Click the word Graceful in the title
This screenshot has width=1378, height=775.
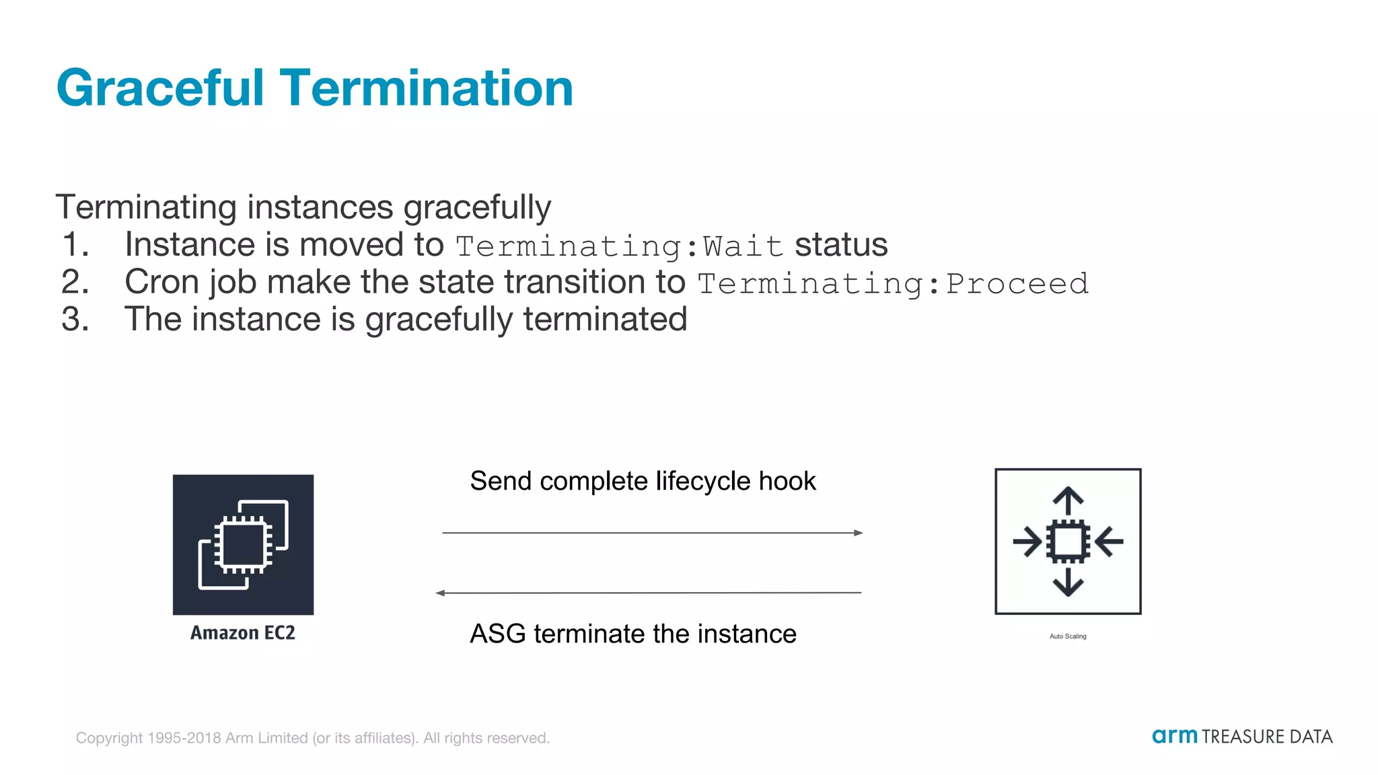(x=160, y=88)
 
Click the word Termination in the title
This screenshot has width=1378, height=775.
(x=426, y=88)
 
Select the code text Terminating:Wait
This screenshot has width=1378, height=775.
(x=619, y=246)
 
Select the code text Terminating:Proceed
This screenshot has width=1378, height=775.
(x=892, y=283)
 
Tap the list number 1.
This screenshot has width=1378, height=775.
(x=75, y=244)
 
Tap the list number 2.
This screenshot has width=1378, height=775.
(x=75, y=282)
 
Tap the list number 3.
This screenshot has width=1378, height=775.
(x=75, y=319)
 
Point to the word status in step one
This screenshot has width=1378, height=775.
(x=840, y=244)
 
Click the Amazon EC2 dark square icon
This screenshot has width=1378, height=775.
(x=243, y=544)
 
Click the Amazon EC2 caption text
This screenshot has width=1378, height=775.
(x=243, y=633)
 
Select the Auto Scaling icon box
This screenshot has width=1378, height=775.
(x=1068, y=542)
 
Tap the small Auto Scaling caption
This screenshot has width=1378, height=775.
(x=1068, y=636)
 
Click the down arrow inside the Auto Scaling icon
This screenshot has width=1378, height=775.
(x=1068, y=583)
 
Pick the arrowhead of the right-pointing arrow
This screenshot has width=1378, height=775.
(x=859, y=533)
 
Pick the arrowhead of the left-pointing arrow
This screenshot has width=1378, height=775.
(x=440, y=593)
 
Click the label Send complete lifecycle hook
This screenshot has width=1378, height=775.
(x=643, y=481)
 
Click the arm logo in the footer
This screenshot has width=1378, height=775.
(x=1174, y=736)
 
